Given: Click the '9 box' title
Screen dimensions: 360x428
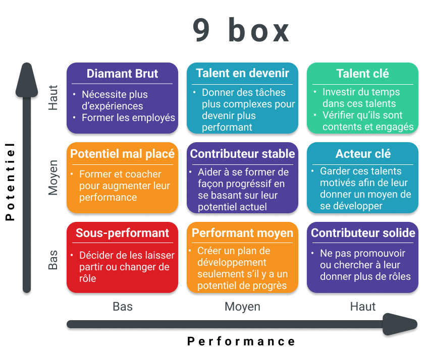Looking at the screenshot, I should pos(241,31).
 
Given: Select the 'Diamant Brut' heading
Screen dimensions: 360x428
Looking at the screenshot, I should pos(122,74).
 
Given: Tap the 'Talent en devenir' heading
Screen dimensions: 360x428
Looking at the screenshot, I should pos(242,73).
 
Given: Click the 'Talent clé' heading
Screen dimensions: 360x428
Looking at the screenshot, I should pos(362,74).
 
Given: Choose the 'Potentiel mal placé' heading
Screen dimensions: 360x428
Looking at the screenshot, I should pos(122,154).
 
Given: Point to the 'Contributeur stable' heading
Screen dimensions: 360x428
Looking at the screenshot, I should pos(242,154).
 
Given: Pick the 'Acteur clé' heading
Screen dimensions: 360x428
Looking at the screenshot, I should pos(362,154).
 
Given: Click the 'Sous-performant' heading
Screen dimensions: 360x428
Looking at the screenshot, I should pos(122,233).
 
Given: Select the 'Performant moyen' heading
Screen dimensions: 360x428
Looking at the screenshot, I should pos(242,233).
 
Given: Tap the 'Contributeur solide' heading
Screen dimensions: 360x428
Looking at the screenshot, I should pos(363,233).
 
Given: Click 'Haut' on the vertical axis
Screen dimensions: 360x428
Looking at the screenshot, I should pos(53,98).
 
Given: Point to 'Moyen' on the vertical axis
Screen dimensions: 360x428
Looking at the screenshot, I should pos(53,177).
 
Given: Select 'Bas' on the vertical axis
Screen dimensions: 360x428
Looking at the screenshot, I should pos(53,260).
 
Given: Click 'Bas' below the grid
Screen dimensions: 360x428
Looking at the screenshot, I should pos(122,307).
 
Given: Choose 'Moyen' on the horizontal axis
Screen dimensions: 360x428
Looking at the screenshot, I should pos(242,307).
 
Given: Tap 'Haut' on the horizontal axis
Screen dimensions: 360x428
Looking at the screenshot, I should pos(362,307).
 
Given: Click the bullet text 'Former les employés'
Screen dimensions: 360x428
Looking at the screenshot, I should pos(128,118).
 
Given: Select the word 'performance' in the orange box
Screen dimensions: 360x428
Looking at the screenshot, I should pos(108,197).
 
